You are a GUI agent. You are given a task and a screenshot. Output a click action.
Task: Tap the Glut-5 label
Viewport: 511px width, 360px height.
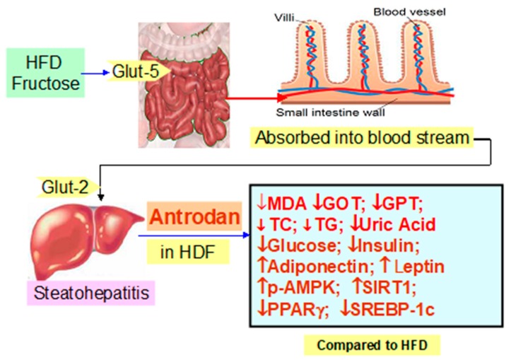pos(136,72)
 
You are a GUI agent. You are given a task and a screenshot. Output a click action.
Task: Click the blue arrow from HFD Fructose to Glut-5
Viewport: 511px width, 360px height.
pos(93,72)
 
